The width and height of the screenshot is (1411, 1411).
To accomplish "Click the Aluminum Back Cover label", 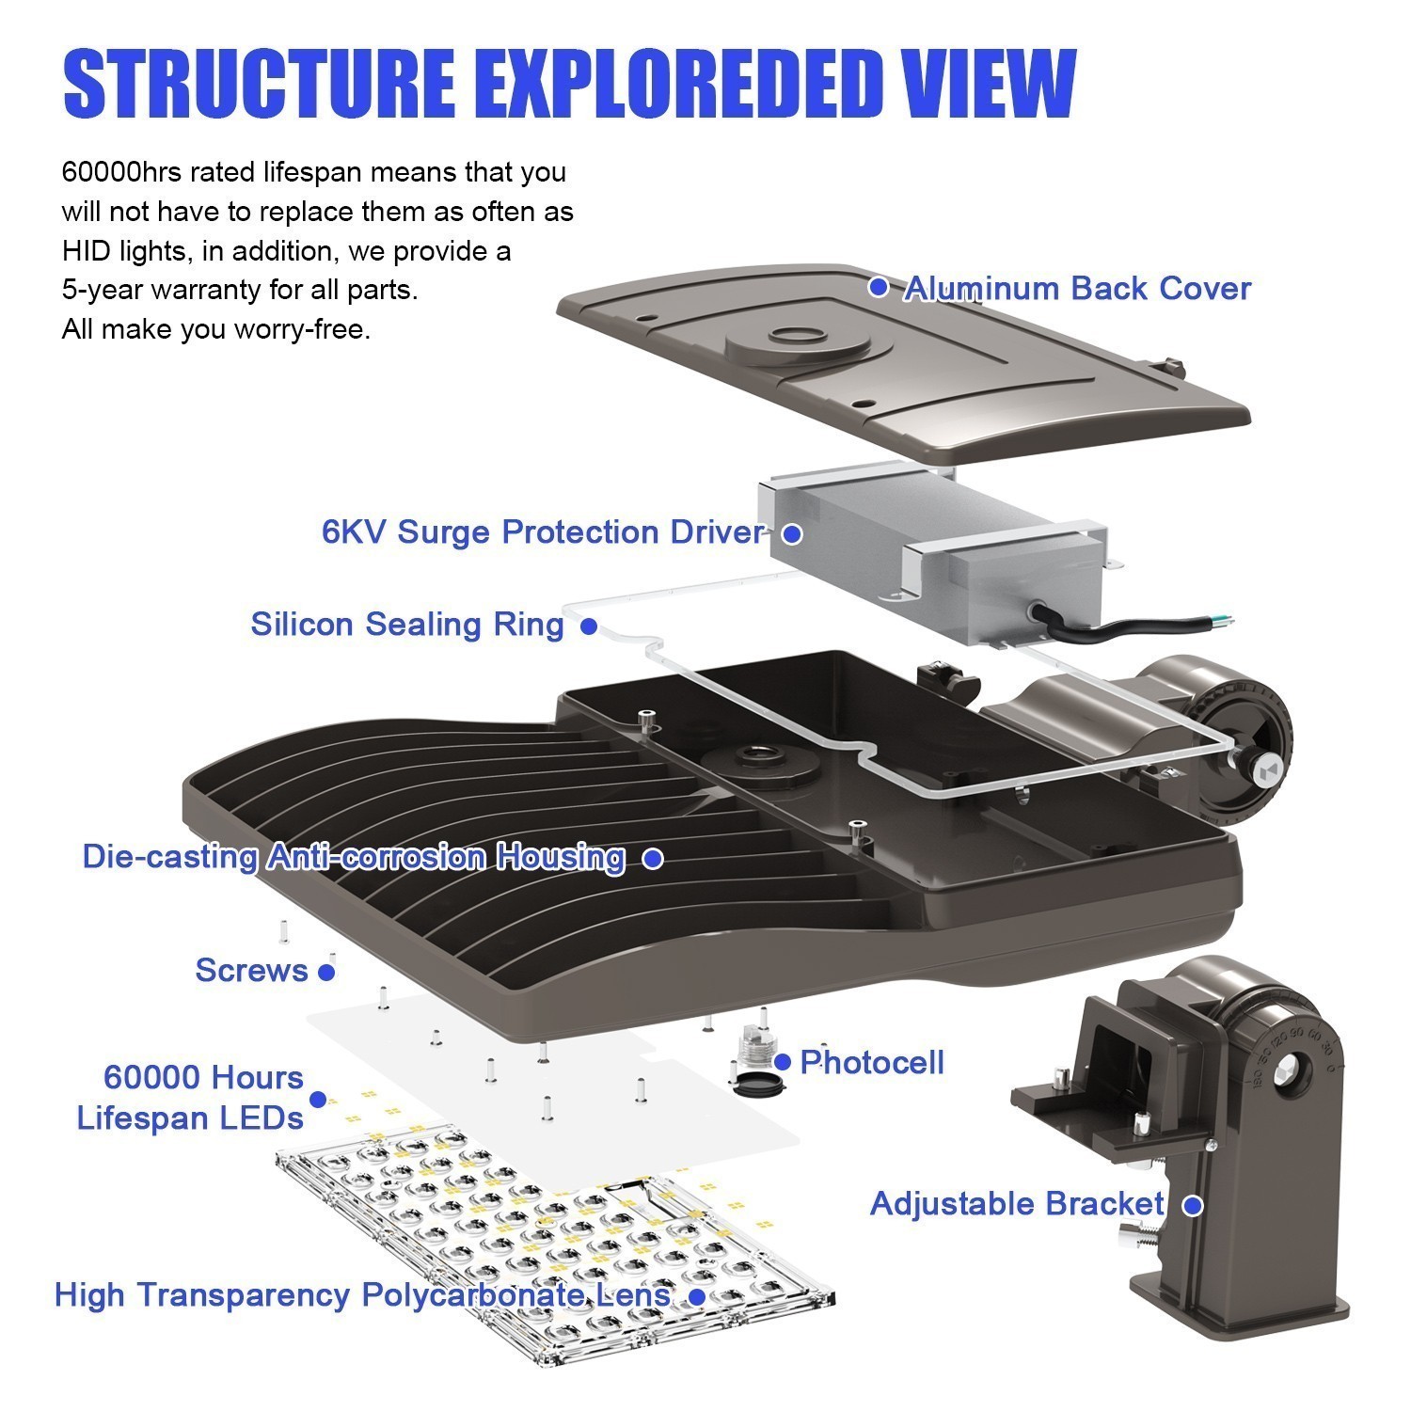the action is point(1077,288).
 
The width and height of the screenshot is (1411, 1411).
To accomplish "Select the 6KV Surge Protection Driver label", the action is point(543,531).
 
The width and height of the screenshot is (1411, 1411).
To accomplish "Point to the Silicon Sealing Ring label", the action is point(407,624).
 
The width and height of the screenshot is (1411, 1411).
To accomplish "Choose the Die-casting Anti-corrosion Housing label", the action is point(354,857).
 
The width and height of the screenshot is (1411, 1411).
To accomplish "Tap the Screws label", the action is point(251,970).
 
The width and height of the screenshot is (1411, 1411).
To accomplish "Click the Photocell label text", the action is point(872,1062).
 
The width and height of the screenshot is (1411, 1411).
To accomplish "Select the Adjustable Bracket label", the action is point(1018,1203).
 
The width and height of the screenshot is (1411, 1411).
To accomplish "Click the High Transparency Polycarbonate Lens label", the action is point(362,1294).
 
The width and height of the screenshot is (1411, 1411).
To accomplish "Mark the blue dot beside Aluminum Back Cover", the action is point(879,286).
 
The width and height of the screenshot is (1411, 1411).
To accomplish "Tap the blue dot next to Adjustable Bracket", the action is point(1193,1205).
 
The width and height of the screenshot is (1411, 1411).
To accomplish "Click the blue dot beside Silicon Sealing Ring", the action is point(589,626).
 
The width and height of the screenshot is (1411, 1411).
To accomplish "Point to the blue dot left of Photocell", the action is point(783,1062).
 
